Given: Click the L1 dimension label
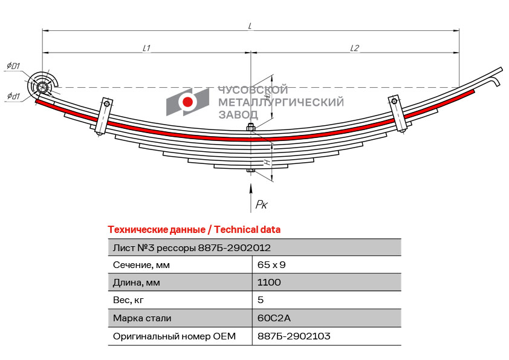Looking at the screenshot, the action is [146, 48].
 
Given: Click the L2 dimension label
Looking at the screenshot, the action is [354, 48].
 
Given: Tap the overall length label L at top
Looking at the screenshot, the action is [250, 25].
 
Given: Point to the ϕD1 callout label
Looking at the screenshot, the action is [13, 66].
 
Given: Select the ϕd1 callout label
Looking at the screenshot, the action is [13, 96].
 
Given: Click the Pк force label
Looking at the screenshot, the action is [262, 205].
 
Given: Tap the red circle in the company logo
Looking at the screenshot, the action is [187, 102].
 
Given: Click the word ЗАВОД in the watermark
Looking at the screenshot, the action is [238, 115].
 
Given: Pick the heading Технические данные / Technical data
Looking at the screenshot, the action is [194, 230].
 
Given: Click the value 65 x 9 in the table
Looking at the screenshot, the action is [271, 265].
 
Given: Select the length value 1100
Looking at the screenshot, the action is [269, 282].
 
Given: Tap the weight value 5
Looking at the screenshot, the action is [261, 300].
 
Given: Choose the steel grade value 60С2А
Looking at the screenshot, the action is [274, 318].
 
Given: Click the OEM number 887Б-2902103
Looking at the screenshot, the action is [294, 336].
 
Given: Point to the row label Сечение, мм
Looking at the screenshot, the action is [141, 265].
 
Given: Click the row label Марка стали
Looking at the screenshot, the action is [142, 318].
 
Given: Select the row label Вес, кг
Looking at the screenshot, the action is [128, 300].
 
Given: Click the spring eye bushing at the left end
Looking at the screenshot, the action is [42, 87].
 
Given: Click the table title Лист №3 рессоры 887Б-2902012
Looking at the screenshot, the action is [192, 248].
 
